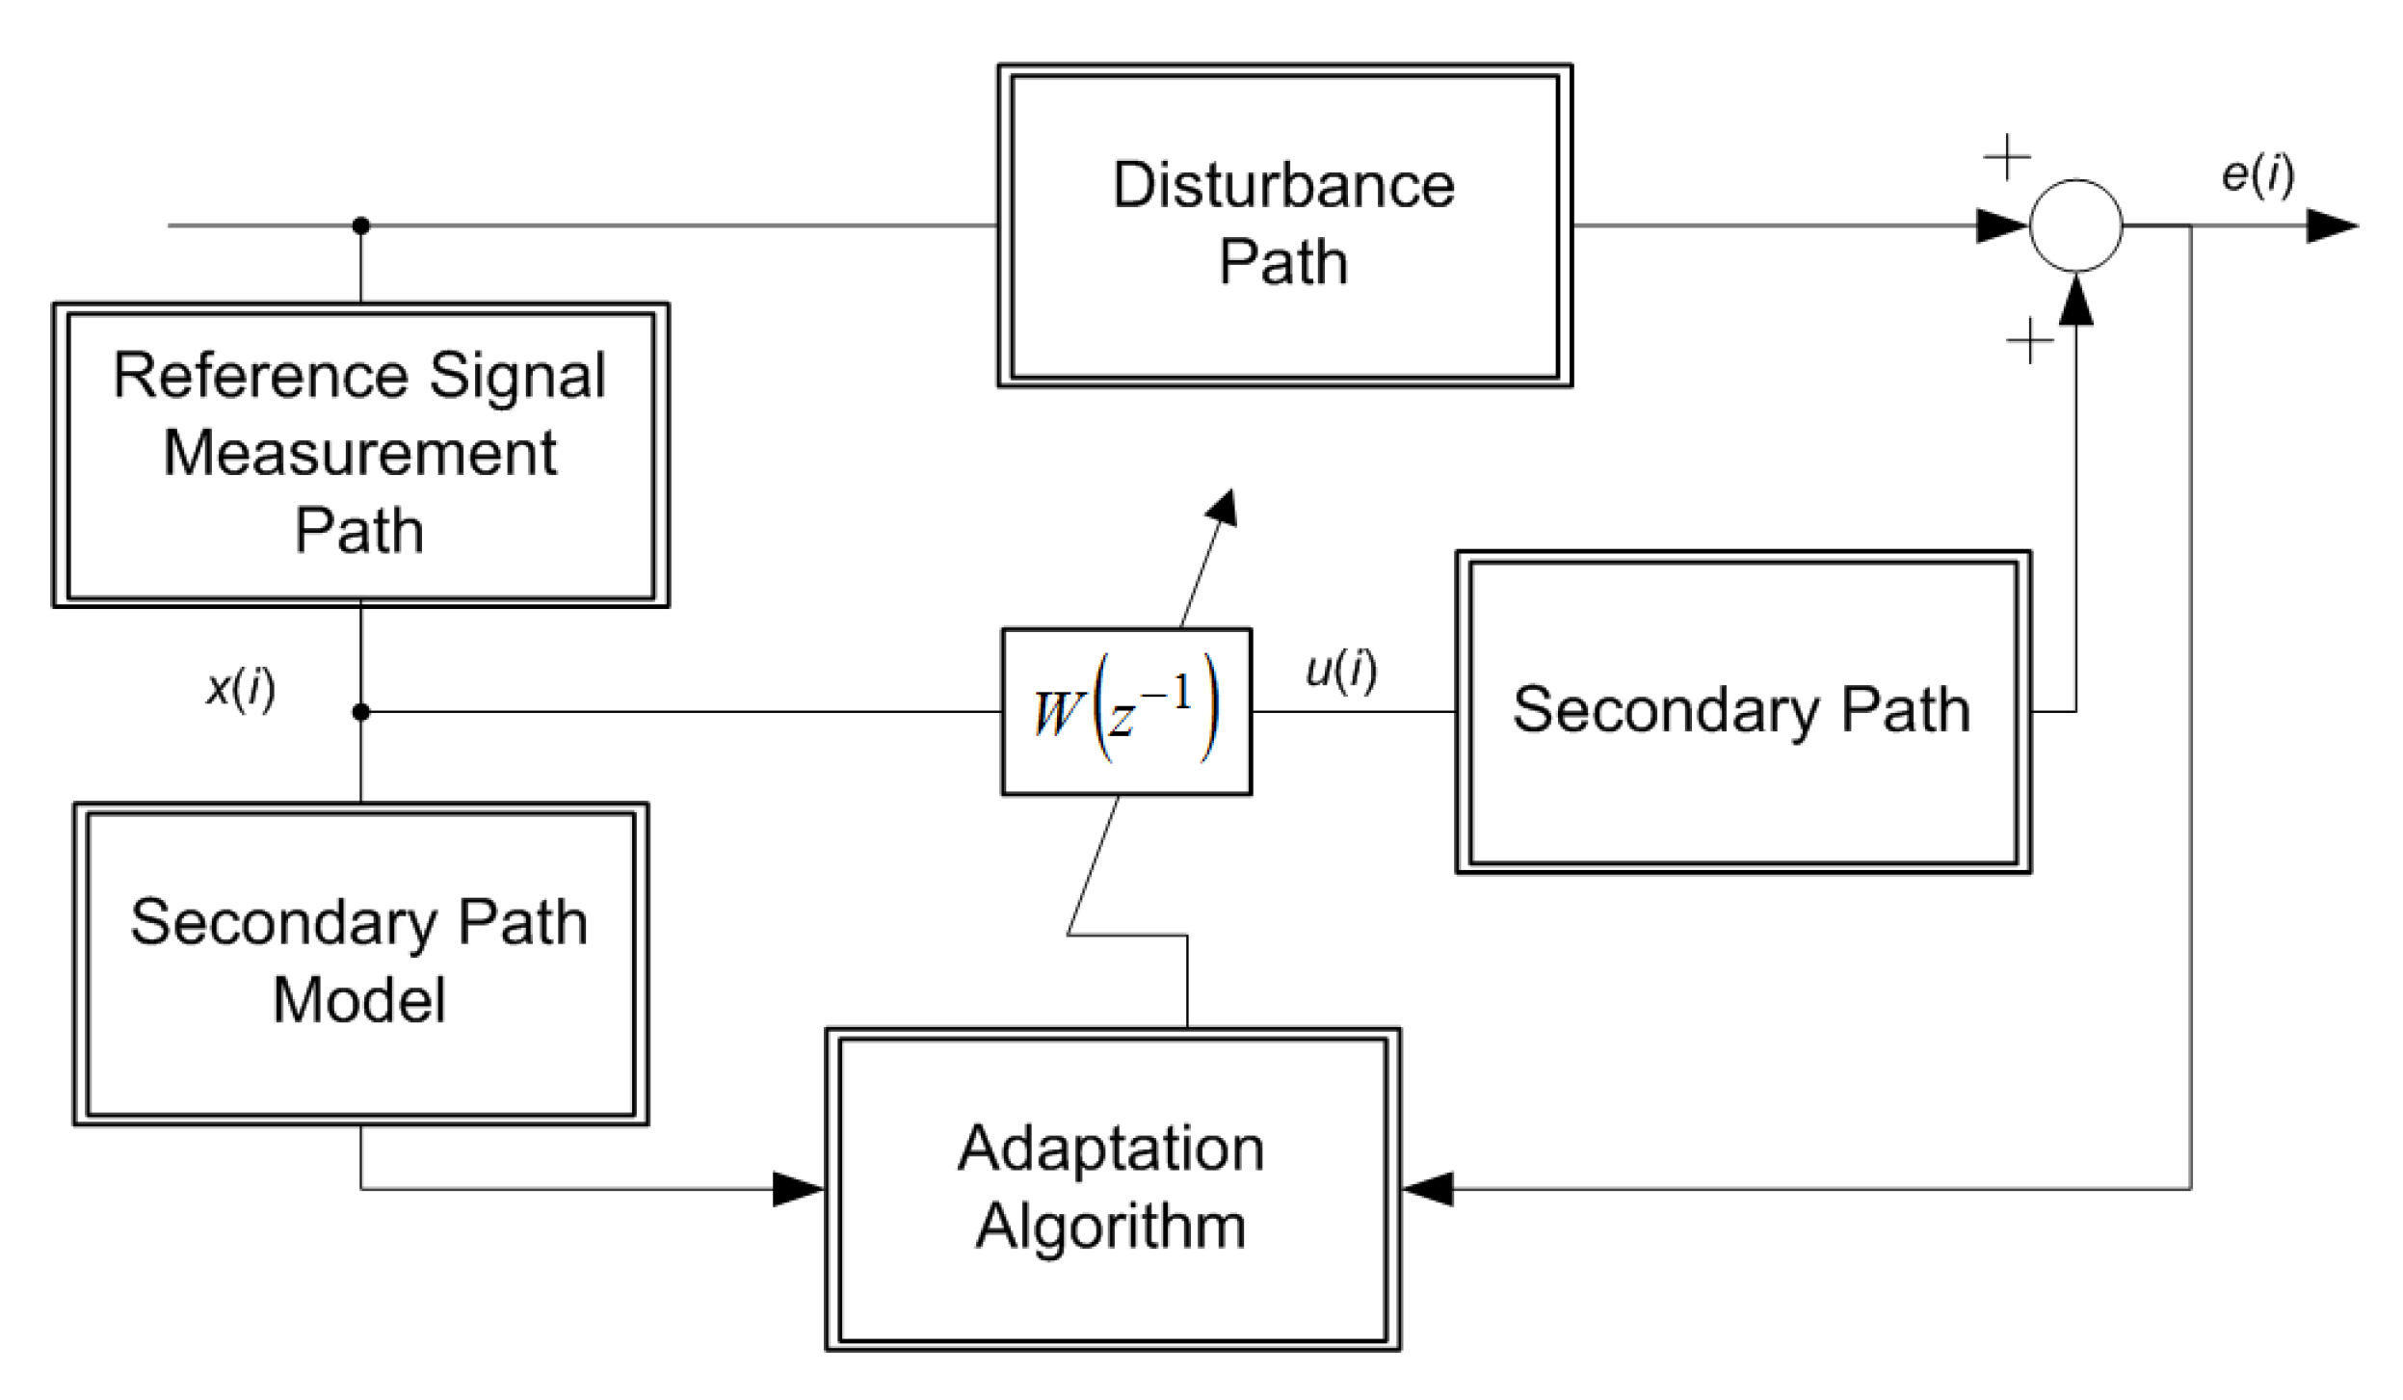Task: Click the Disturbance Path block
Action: click(1283, 225)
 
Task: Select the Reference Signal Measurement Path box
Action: click(360, 454)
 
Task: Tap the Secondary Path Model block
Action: click(360, 963)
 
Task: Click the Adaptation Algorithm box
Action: click(1112, 1188)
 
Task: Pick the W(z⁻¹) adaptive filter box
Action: click(1125, 711)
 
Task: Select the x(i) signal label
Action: click(241, 688)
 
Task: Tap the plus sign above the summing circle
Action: click(2006, 156)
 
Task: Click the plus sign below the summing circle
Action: click(2028, 340)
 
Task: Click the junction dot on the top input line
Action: click(360, 225)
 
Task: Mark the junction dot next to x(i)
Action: click(360, 711)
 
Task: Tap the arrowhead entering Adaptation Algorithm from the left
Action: click(798, 1188)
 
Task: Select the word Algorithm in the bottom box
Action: click(1110, 1227)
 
